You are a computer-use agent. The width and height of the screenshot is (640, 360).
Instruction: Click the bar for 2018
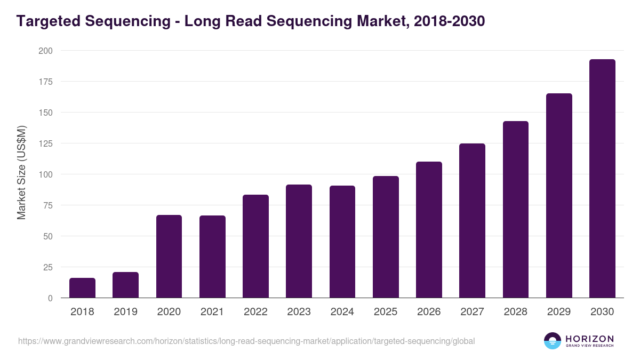[x=82, y=288]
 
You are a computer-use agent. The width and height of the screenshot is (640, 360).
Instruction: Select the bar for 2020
[x=169, y=257]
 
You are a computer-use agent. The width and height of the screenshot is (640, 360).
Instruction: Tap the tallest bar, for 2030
[x=602, y=179]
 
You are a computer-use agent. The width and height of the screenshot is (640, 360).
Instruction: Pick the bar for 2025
[x=386, y=237]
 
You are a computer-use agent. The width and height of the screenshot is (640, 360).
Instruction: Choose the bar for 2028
[x=515, y=210]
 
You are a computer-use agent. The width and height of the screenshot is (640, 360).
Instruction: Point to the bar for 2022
[x=255, y=246]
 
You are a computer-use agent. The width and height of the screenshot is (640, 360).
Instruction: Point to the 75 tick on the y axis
[x=47, y=205]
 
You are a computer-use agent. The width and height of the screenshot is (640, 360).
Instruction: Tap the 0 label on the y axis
[x=50, y=298]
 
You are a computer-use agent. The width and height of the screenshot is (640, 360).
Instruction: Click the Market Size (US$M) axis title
[x=21, y=172]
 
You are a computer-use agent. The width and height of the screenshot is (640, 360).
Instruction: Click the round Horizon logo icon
[x=553, y=341]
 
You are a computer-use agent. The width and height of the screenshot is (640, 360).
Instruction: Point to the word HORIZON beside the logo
[x=589, y=339]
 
